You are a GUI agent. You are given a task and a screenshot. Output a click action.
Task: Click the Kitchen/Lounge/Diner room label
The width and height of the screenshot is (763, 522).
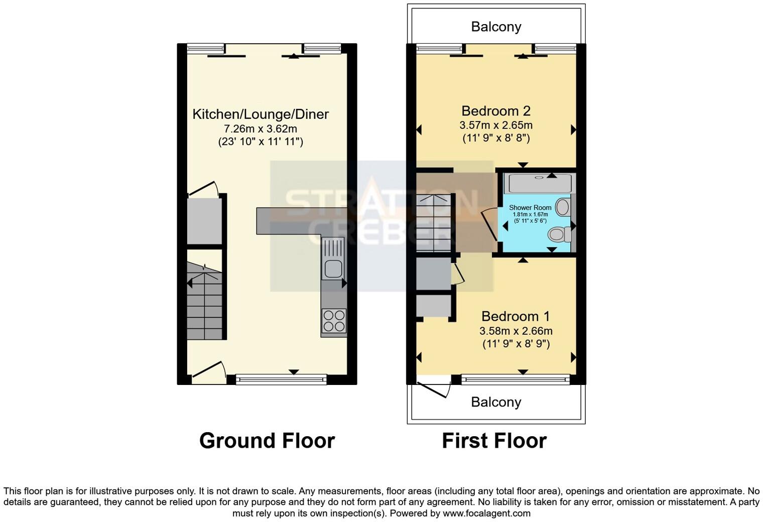tap(261, 114)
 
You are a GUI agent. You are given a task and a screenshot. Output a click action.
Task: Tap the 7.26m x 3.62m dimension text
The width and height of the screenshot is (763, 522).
tap(261, 128)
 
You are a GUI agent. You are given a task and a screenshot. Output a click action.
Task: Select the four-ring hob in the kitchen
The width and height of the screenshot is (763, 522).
tap(334, 321)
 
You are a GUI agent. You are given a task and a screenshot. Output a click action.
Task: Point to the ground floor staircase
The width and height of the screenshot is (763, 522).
tap(204, 301)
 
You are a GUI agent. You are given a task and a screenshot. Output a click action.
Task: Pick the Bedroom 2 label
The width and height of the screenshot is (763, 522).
tap(496, 111)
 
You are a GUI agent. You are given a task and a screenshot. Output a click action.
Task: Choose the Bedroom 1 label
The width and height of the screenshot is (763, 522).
tap(516, 316)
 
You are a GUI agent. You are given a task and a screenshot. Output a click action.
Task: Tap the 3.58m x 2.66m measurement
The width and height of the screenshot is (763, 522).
tap(516, 331)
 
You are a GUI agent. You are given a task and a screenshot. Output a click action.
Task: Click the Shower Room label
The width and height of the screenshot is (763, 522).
tap(530, 207)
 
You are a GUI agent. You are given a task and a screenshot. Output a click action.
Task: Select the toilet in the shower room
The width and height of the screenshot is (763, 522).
tap(559, 234)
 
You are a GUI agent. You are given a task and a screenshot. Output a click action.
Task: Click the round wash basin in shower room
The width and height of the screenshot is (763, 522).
tap(563, 207)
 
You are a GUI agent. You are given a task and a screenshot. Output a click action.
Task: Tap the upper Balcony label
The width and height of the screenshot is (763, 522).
tap(496, 27)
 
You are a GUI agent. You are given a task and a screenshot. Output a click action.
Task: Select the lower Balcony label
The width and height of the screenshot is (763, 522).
tap(496, 402)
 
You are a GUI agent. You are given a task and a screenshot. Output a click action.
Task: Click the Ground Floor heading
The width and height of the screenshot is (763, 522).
tap(267, 441)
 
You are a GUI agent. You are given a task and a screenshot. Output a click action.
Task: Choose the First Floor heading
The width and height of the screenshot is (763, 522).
tap(494, 441)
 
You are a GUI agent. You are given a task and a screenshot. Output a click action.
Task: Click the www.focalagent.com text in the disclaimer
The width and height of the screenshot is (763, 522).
tap(486, 513)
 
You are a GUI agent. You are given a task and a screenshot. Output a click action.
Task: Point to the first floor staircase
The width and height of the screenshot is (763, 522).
tap(435, 223)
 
